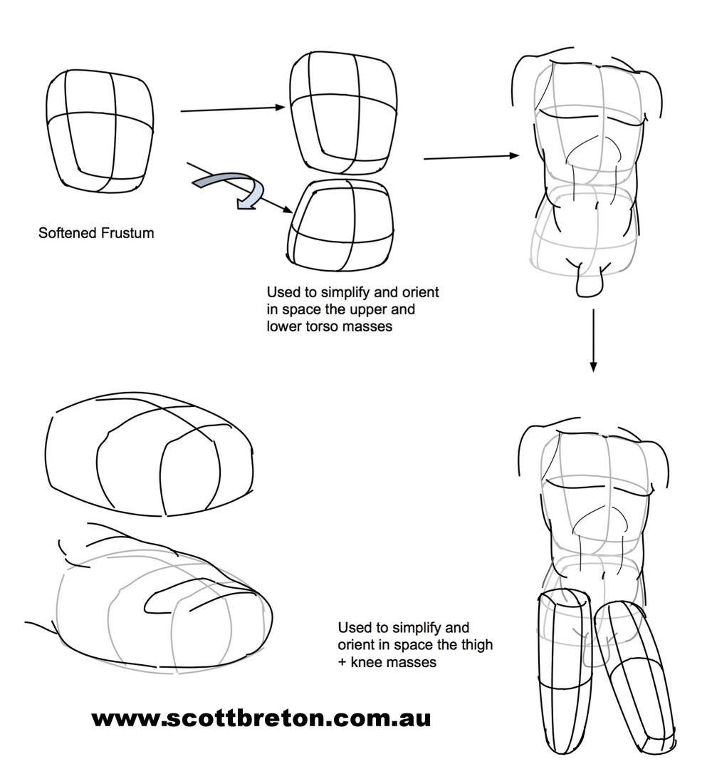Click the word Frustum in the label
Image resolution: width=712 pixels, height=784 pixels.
tap(130, 233)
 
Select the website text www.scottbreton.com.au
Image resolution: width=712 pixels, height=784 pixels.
tap(261, 718)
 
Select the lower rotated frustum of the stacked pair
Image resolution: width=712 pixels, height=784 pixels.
tap(340, 225)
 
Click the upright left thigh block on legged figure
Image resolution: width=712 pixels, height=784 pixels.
tap(563, 670)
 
